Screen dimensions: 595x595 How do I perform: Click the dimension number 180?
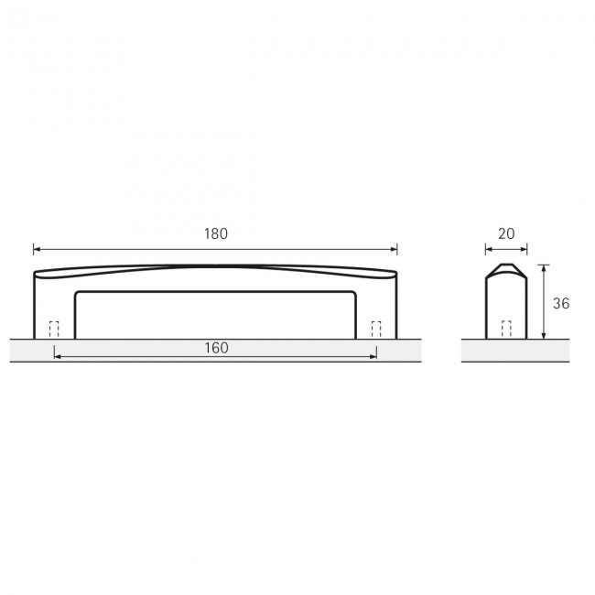pyautogui.click(x=215, y=233)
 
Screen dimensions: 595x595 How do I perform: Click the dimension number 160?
pyautogui.click(x=216, y=348)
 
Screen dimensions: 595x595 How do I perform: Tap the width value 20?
pyautogui.click(x=506, y=233)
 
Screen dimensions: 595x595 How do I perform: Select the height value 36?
pyautogui.click(x=562, y=303)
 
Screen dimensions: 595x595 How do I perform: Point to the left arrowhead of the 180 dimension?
pyautogui.click(x=37, y=248)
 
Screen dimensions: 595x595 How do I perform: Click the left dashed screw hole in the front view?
pyautogui.click(x=53, y=330)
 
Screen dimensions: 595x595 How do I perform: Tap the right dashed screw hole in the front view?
pyautogui.click(x=376, y=330)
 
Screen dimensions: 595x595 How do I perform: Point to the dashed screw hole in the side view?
pyautogui.click(x=506, y=330)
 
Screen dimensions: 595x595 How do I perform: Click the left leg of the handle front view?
pyautogui.click(x=54, y=307)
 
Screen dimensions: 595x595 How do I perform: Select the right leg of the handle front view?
pyautogui.click(x=376, y=307)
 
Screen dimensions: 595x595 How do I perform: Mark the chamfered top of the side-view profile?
pyautogui.click(x=506, y=269)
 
